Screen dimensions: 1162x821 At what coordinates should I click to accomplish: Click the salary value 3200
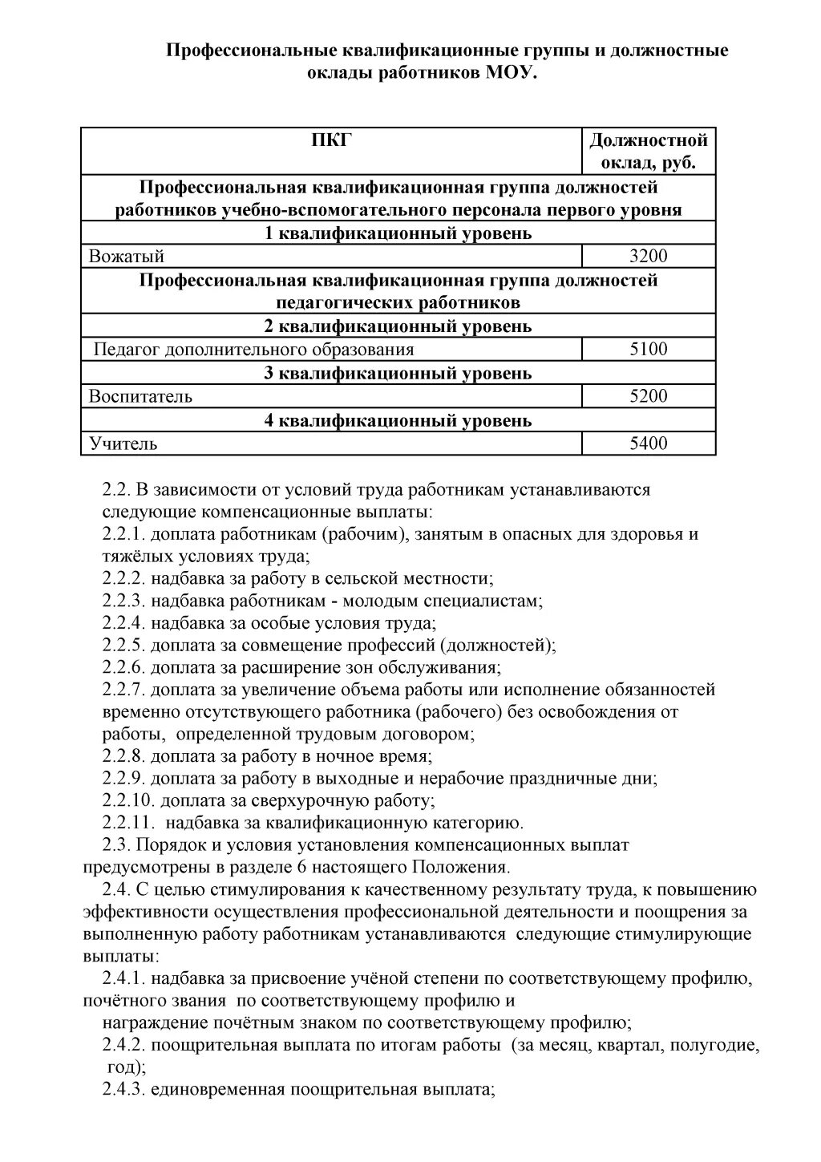(648, 257)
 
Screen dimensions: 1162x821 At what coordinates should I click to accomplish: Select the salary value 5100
(648, 350)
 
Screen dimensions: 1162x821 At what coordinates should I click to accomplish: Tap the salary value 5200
(648, 396)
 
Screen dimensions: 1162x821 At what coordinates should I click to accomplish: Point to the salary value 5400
(648, 443)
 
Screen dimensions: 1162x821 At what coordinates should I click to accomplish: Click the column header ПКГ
(331, 141)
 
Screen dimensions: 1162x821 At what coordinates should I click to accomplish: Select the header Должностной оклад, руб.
(648, 152)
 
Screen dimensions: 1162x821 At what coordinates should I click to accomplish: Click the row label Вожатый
(127, 257)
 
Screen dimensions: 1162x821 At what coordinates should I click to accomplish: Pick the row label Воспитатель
(140, 396)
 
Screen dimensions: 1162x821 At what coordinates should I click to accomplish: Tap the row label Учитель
(123, 443)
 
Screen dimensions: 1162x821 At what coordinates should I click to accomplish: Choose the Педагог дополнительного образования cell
(254, 350)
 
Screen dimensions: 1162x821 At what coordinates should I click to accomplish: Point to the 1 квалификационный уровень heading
(398, 233)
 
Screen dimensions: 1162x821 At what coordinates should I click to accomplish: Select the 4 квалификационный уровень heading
(398, 420)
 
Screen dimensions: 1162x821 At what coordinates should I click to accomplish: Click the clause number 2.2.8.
(124, 756)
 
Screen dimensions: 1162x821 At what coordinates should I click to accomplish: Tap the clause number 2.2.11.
(128, 823)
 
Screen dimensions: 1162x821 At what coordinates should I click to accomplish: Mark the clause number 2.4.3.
(124, 1090)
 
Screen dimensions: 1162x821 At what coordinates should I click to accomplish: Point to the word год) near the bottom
(127, 1067)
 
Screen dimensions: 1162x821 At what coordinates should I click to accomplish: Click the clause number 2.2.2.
(124, 578)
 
